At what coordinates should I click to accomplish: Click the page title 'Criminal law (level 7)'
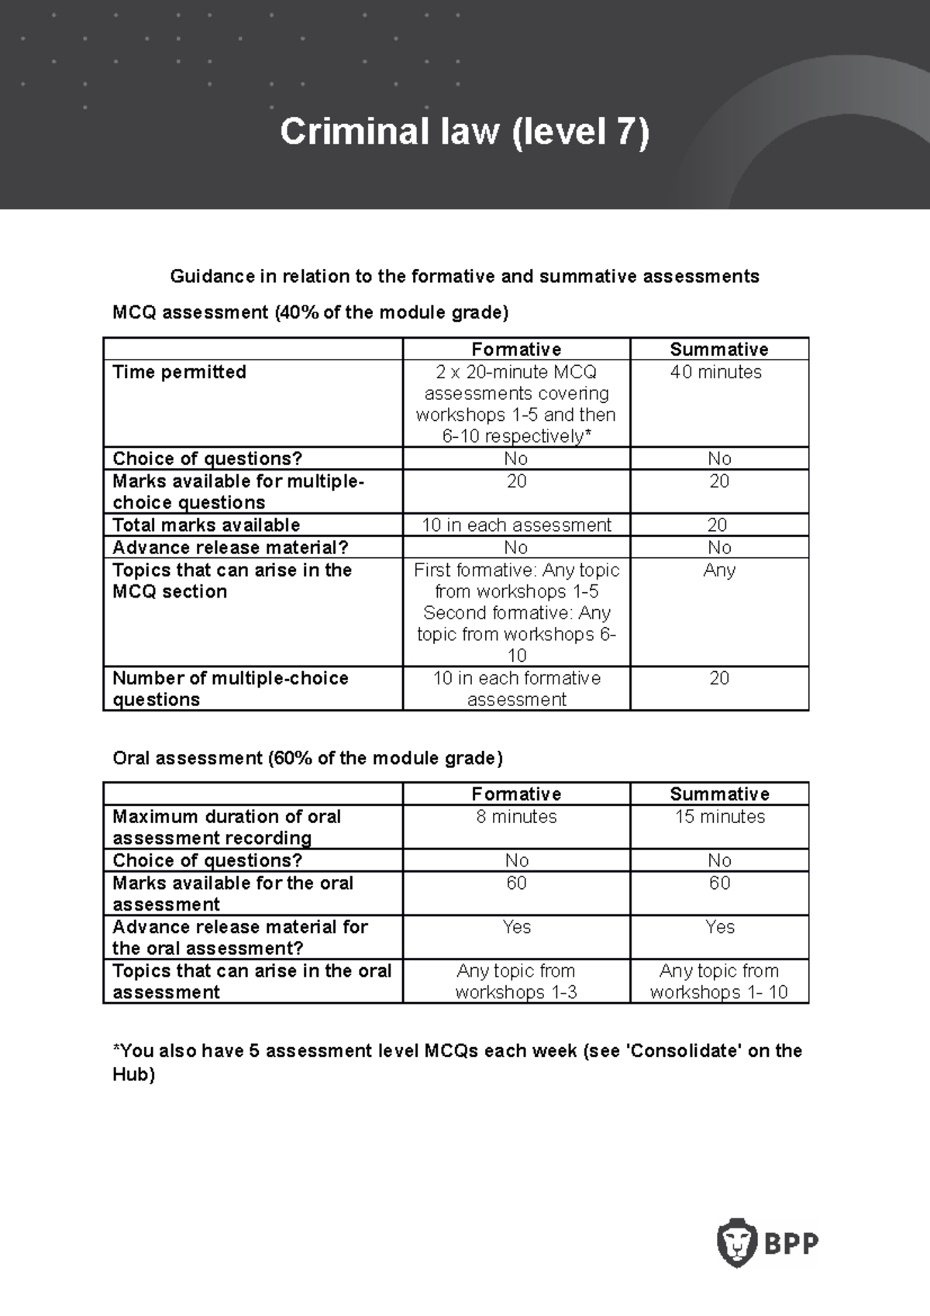464,132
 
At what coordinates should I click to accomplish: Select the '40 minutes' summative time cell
716,372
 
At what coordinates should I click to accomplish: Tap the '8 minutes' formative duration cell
516,817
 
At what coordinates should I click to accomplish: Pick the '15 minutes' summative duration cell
719,817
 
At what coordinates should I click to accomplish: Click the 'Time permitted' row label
179,372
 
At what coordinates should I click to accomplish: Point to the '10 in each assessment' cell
516,525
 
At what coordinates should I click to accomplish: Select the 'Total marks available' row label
206,525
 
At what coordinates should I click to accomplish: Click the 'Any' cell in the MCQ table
719,570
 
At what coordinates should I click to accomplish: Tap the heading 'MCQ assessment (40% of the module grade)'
310,312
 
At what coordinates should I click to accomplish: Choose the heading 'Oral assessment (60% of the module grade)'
308,758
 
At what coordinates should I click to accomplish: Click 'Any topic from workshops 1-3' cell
516,981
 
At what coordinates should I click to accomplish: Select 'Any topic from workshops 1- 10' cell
719,981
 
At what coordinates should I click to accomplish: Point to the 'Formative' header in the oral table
516,794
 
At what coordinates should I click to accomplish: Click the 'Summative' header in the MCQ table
719,349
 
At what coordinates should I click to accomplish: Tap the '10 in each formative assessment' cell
516,688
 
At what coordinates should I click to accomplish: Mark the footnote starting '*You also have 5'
457,1062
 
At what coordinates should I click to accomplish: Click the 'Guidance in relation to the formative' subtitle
464,277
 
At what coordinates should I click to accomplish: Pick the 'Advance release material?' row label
230,547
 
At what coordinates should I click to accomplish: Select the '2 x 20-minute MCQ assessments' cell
516,404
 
